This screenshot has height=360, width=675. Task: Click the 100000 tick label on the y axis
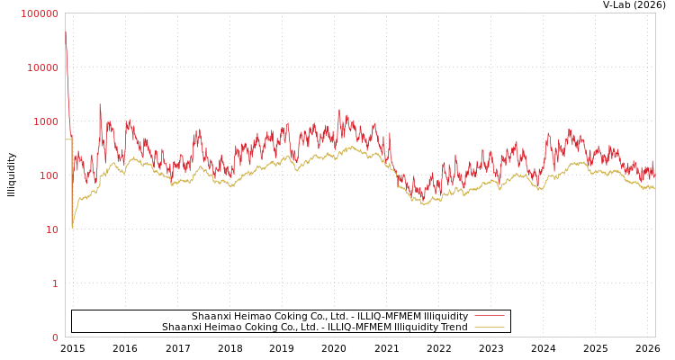click(x=40, y=13)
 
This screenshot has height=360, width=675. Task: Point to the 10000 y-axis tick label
click(x=43, y=67)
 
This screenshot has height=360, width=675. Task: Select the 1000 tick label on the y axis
click(x=45, y=121)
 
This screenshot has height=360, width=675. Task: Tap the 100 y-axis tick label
click(x=48, y=175)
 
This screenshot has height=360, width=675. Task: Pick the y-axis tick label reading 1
click(x=54, y=283)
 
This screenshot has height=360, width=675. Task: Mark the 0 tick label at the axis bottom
click(x=54, y=337)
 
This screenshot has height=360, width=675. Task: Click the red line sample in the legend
click(x=489, y=316)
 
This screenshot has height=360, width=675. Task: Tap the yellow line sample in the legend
click(x=489, y=327)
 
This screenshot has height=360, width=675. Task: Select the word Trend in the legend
click(x=452, y=327)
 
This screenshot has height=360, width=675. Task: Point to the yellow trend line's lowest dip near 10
click(x=72, y=227)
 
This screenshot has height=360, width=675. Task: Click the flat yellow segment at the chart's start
click(x=67, y=139)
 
